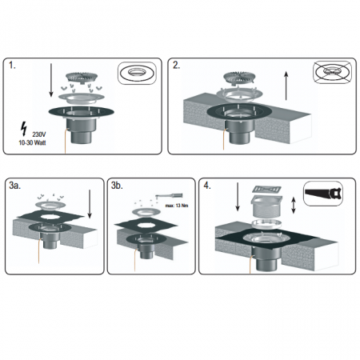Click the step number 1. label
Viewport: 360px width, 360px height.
12,66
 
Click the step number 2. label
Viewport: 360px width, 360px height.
176,66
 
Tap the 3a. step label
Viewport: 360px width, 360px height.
15,186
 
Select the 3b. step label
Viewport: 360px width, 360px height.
117,186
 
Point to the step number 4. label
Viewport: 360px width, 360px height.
207,186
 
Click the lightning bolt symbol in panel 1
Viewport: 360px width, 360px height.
24,129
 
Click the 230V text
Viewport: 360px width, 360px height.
39,134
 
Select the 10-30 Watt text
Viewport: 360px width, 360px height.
32,142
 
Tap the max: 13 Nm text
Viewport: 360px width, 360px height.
177,206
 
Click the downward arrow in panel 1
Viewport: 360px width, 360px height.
51,81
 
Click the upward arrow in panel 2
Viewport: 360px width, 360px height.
286,86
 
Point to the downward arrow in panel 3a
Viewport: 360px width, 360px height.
90,204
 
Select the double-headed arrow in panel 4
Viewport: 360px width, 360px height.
294,206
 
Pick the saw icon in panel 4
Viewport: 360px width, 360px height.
323,193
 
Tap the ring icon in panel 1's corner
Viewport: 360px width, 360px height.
137,73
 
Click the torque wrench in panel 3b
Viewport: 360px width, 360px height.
170,196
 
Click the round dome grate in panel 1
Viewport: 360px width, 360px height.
82,78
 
